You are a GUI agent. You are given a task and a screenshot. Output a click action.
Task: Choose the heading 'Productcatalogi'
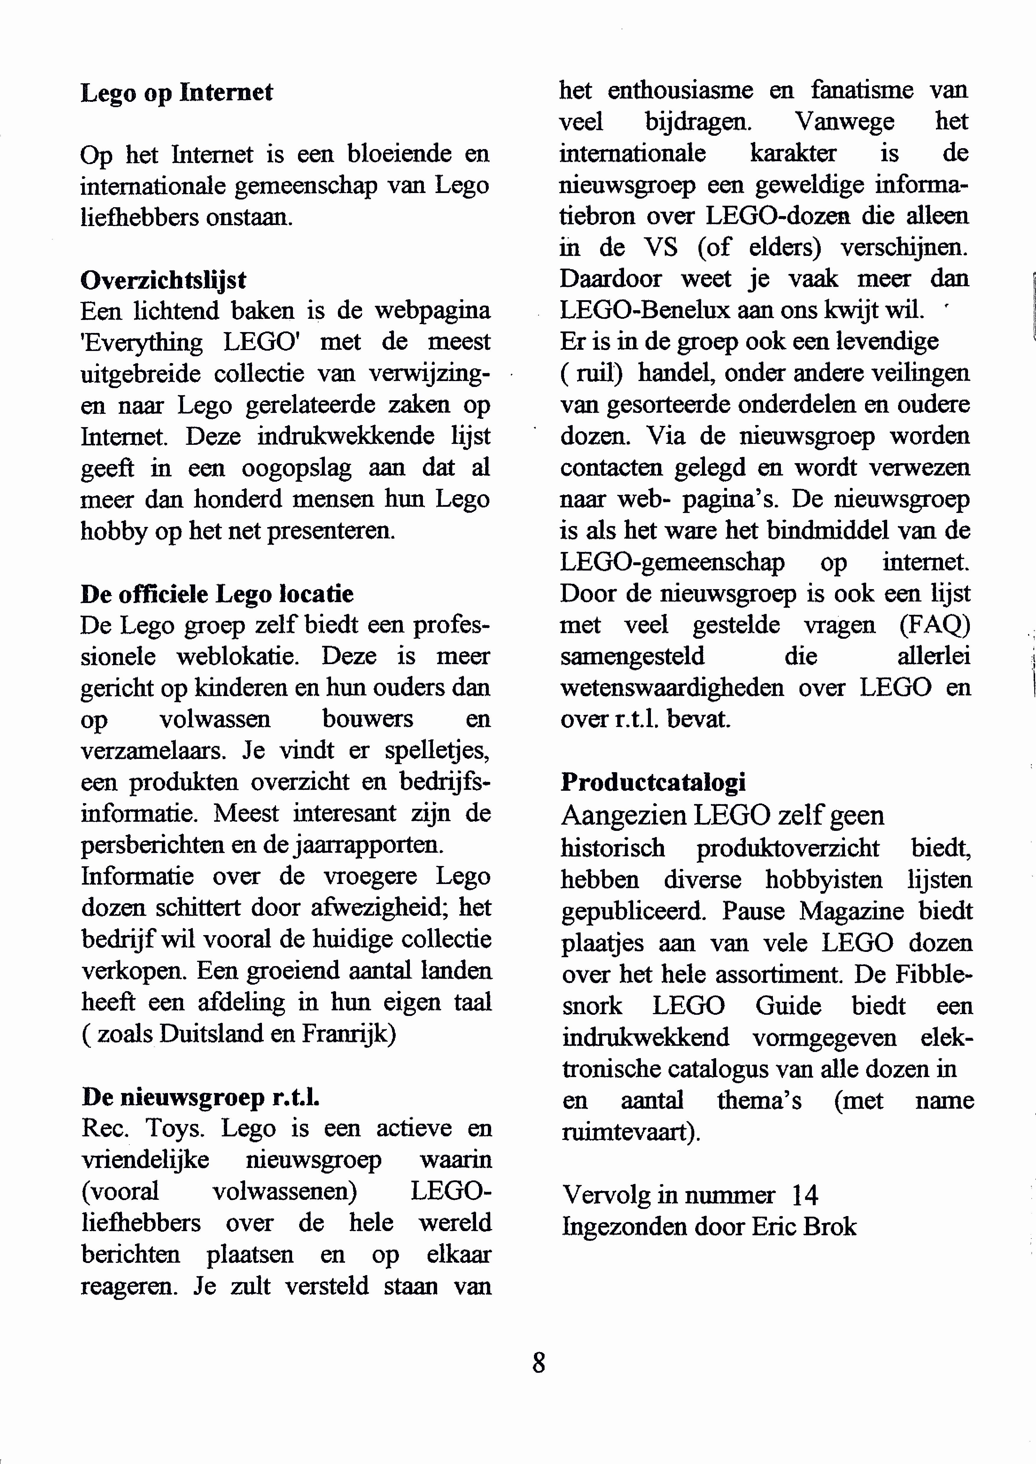click(653, 782)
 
